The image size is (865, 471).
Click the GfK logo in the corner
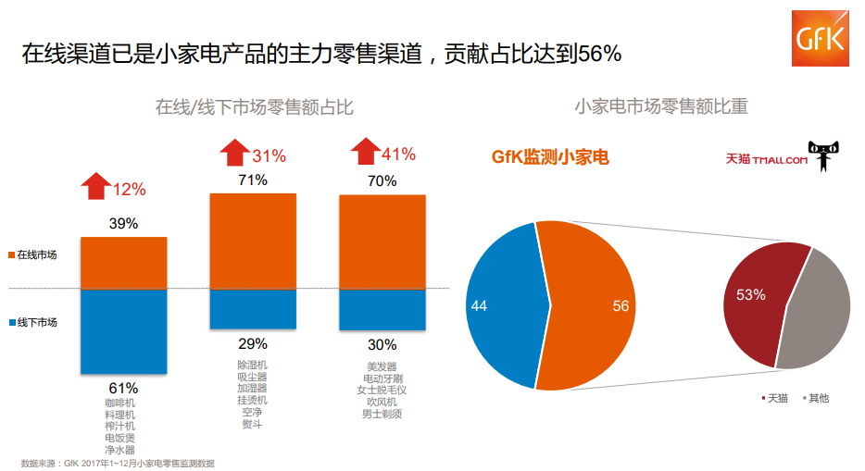[820, 40]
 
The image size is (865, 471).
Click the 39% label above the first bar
[123, 223]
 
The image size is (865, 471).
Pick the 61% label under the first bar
[123, 388]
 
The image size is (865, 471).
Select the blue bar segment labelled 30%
[382, 310]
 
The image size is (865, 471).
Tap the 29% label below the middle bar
[252, 343]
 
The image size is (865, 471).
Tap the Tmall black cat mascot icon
[823, 156]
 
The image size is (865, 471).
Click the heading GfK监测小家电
[550, 157]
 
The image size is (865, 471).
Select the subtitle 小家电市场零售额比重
[660, 107]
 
